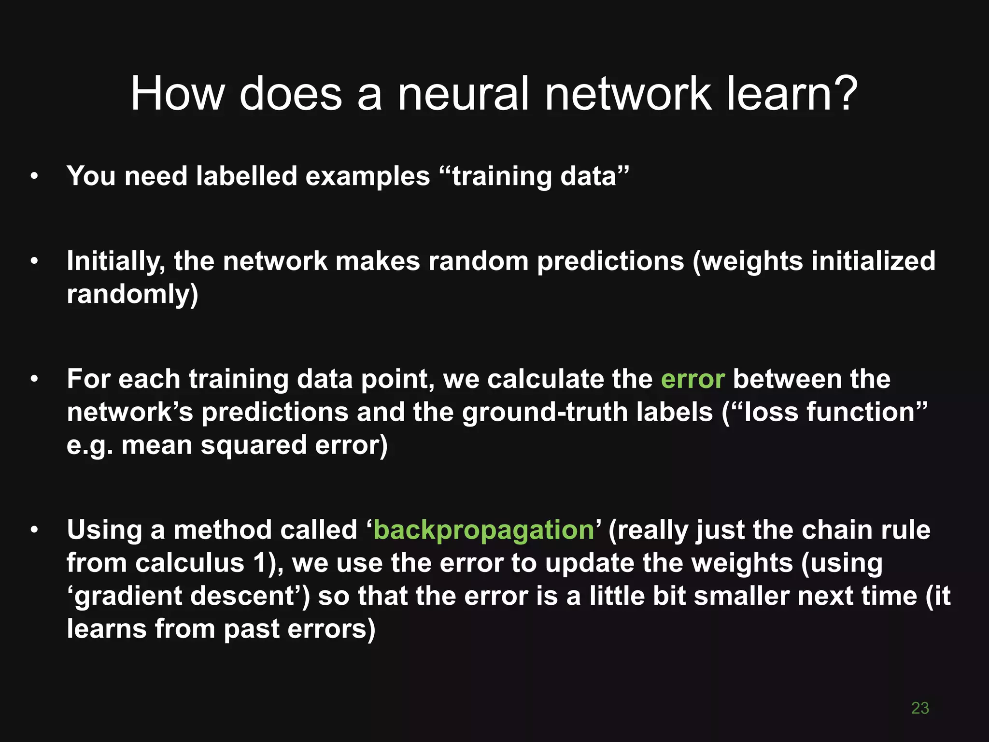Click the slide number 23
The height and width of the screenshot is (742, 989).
point(919,708)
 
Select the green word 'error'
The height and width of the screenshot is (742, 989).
point(692,379)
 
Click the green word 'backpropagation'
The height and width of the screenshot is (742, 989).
point(483,530)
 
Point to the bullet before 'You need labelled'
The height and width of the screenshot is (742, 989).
point(34,177)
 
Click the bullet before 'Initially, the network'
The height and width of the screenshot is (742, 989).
point(34,261)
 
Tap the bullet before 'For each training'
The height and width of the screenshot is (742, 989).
point(34,379)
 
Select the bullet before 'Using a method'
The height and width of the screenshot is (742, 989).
point(34,530)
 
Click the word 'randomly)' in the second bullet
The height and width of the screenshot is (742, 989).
point(132,294)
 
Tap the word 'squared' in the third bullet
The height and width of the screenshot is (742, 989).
point(254,445)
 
